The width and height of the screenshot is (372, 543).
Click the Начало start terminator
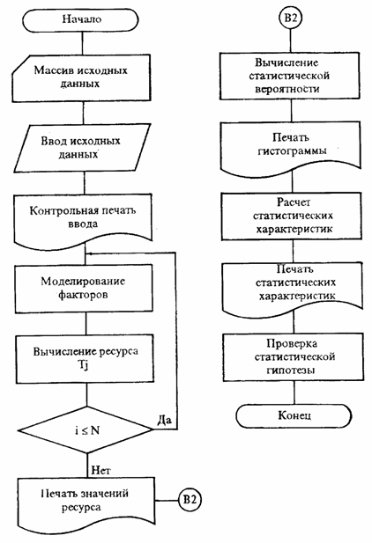(81, 20)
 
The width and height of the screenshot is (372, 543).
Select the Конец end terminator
(294, 415)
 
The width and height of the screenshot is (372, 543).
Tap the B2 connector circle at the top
(290, 18)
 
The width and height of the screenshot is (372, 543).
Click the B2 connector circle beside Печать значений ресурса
(190, 500)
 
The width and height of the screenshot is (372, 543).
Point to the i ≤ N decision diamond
(86, 429)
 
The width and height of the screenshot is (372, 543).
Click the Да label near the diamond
(164, 420)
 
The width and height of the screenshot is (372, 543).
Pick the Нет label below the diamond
(101, 470)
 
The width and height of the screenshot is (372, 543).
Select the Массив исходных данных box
(81, 78)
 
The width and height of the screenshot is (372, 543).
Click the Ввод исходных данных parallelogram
(82, 148)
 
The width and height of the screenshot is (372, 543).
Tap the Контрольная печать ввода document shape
(83, 220)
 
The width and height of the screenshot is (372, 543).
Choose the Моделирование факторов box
(84, 289)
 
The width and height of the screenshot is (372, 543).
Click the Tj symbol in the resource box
(82, 366)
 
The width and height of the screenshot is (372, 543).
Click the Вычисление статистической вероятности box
(289, 76)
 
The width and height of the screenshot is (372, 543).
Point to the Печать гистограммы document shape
(291, 148)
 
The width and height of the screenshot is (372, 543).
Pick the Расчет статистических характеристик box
(292, 216)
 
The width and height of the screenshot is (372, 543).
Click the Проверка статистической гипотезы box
(294, 357)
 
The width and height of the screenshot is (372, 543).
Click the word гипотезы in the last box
(291, 371)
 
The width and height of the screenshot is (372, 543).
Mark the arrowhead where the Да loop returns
(87, 253)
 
